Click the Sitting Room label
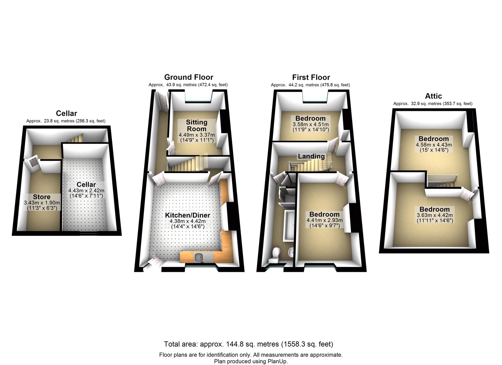click(196, 126)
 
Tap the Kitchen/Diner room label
click(187, 215)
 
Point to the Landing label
click(311, 156)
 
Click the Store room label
click(42, 197)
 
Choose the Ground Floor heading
click(189, 77)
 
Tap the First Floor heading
click(311, 77)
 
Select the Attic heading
click(433, 96)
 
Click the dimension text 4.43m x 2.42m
click(86, 191)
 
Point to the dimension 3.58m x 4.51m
click(311, 124)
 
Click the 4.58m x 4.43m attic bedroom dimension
click(434, 145)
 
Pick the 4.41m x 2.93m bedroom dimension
click(325, 220)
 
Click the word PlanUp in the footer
click(277, 361)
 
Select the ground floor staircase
click(188, 164)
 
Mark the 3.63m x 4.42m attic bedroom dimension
click(435, 215)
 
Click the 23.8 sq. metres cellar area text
click(59, 121)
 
